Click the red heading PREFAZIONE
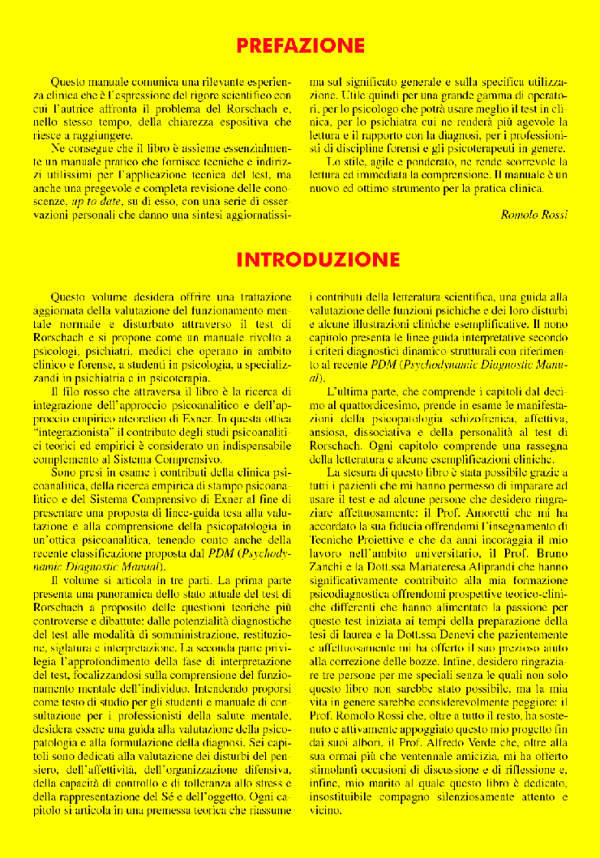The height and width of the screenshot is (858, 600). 300,45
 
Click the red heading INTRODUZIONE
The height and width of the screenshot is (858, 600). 318,259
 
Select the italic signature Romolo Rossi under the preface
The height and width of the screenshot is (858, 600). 534,214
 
